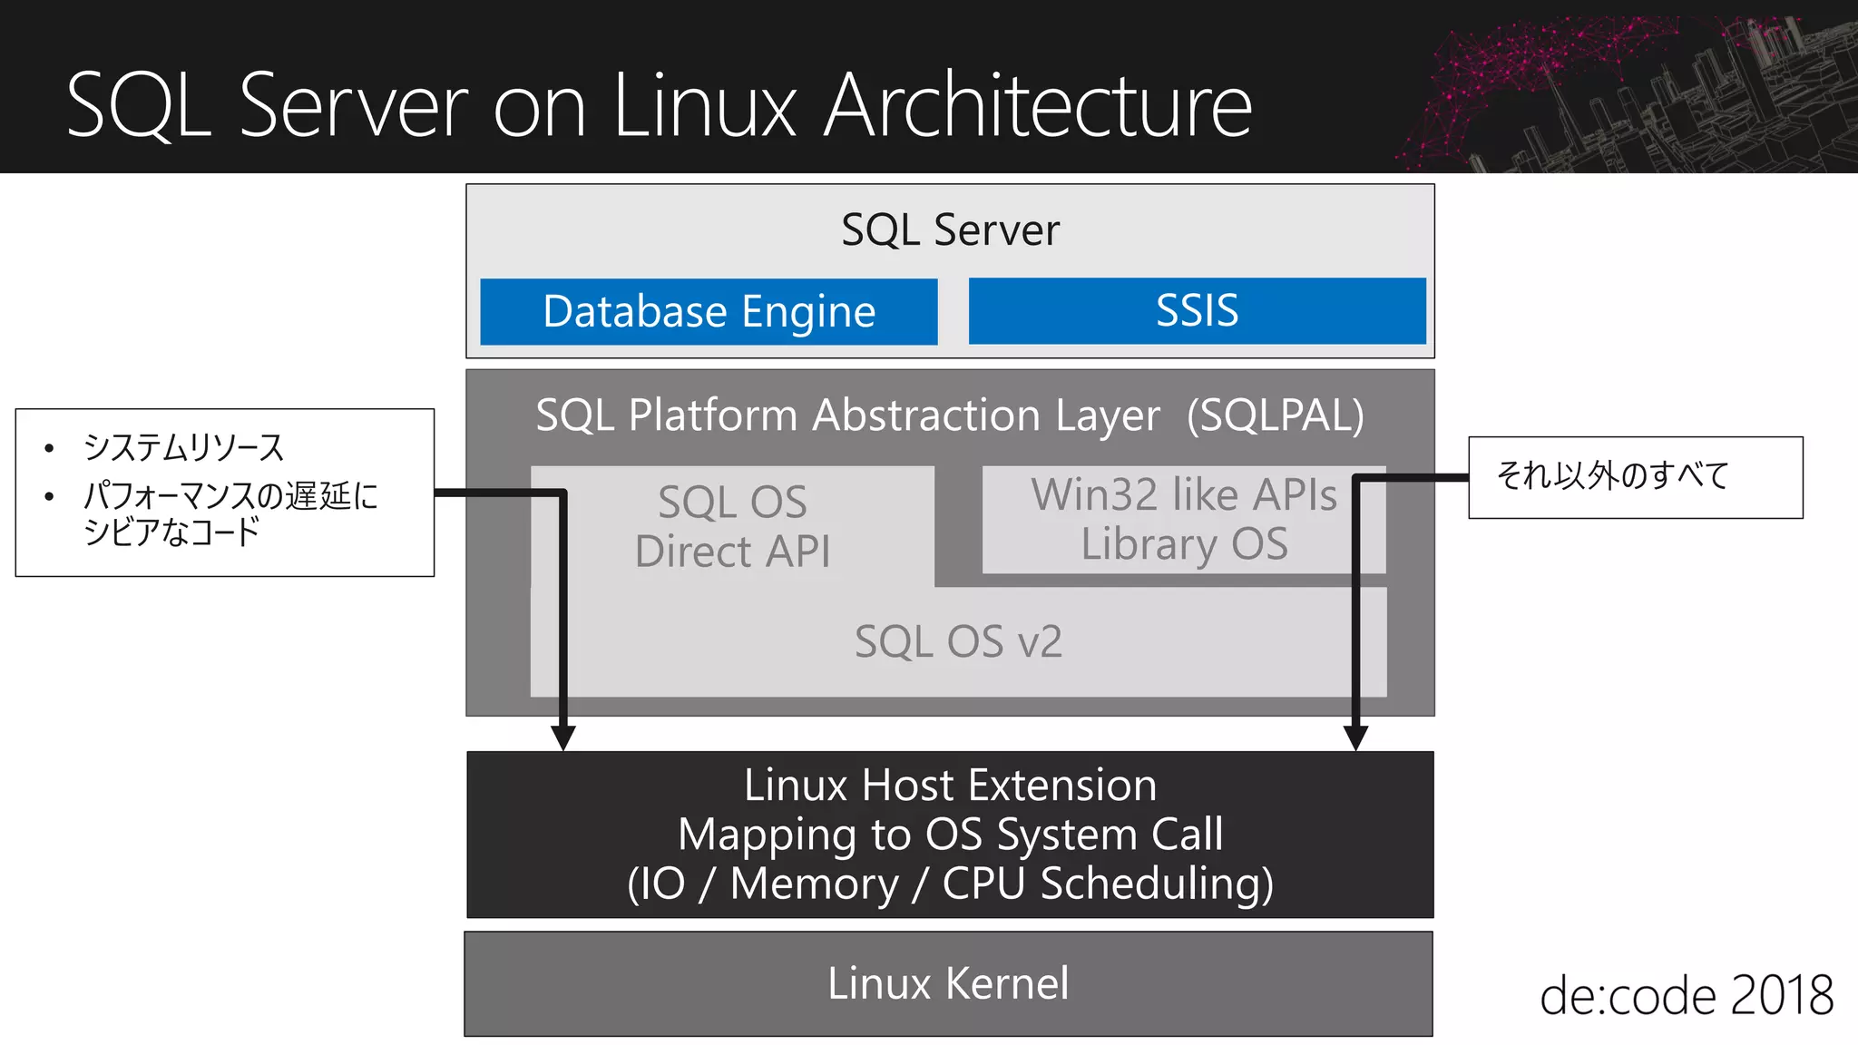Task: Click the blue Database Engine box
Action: [x=709, y=311]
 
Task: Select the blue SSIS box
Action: [x=1197, y=311]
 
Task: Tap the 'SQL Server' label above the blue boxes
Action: [x=950, y=230]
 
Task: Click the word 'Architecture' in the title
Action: [x=1038, y=106]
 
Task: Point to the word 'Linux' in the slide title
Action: [x=704, y=106]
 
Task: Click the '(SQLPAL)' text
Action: [x=1275, y=415]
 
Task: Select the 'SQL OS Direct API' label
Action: [x=732, y=526]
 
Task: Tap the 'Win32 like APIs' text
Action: [x=1183, y=495]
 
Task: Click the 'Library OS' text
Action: [x=1183, y=544]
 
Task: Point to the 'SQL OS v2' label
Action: [x=958, y=642]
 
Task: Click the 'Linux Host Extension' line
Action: [x=950, y=785]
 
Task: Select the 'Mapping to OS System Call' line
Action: [x=950, y=835]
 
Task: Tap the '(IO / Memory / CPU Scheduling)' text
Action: [x=950, y=884]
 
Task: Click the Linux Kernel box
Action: [x=948, y=983]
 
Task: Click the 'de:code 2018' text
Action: [x=1686, y=996]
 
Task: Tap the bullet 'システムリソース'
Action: [x=183, y=447]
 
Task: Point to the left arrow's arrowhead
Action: [x=563, y=737]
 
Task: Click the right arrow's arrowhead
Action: [x=1355, y=737]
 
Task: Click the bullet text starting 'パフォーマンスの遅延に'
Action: [x=230, y=496]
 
